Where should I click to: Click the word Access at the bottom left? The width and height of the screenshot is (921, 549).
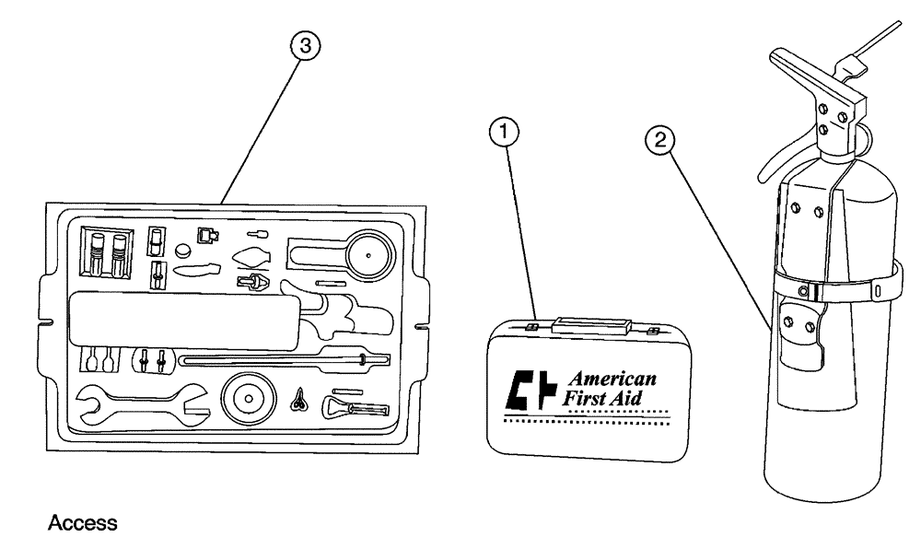pyautogui.click(x=82, y=523)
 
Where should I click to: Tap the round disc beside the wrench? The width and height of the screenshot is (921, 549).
pyautogui.click(x=248, y=399)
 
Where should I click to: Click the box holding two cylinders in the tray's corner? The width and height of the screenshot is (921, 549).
pyautogui.click(x=105, y=252)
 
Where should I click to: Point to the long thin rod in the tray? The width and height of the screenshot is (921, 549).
pyautogui.click(x=276, y=358)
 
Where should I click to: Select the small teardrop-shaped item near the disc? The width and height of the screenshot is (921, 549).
pyautogui.click(x=299, y=399)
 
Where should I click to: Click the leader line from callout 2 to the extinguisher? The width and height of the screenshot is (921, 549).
pyautogui.click(x=718, y=239)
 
